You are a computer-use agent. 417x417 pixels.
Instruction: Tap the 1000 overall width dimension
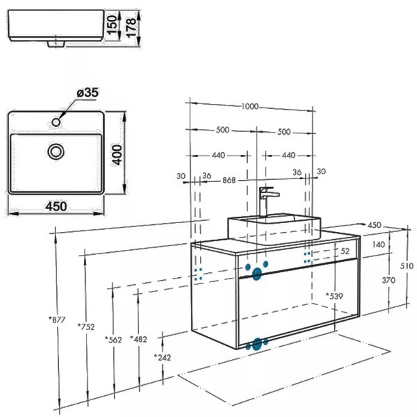coord(250,106)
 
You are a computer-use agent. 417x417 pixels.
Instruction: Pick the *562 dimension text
coord(113,340)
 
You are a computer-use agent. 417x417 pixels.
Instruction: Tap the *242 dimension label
coord(162,357)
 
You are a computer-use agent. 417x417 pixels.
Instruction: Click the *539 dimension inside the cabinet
coord(334,296)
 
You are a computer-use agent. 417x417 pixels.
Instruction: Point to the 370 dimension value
coord(388,280)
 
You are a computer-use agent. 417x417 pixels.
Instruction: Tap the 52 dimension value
coord(345,251)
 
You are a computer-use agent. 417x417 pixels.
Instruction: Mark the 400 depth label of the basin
coord(118,154)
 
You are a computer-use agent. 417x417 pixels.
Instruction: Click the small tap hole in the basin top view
coord(56,122)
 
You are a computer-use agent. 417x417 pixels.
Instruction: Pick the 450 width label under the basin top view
coord(56,206)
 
